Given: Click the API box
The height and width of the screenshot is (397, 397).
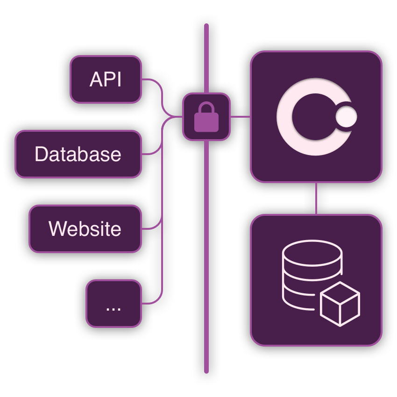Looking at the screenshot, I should (106, 79).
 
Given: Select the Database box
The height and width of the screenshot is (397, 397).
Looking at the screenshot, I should (78, 154).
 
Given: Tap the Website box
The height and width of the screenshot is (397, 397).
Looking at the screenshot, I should (85, 229).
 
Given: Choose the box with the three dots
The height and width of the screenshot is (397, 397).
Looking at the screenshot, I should (113, 304).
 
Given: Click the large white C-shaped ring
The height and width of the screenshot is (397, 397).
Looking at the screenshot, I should (286, 117).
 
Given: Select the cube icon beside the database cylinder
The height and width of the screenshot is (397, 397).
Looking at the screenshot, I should (340, 304).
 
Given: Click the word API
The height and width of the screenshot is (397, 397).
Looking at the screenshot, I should (106, 80).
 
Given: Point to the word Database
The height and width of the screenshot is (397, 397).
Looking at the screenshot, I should (78, 155).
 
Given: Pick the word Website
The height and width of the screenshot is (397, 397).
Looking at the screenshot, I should (85, 229).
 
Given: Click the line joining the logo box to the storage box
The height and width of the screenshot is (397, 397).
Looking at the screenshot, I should (317, 198).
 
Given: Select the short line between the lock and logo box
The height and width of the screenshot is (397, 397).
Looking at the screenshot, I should (241, 117).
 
